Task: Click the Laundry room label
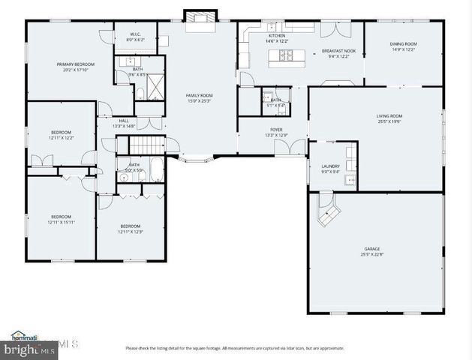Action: [x=330, y=169]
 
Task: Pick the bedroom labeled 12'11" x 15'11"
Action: [x=61, y=219]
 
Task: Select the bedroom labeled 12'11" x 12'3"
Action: [x=130, y=228]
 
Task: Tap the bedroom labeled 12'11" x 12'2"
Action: [x=61, y=135]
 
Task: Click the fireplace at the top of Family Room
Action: [x=200, y=17]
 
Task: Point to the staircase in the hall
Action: [x=152, y=145]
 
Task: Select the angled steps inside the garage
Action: [x=328, y=213]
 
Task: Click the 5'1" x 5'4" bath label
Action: [x=276, y=102]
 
